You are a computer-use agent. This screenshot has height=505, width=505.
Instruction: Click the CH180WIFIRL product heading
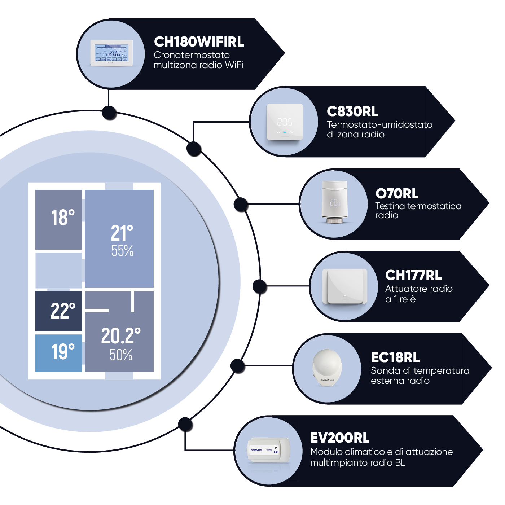[199, 42]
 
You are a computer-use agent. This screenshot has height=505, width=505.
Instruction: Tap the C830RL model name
[352, 111]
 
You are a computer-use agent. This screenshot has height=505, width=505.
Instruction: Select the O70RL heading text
[397, 194]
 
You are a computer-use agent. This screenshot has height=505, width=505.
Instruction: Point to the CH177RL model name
[413, 275]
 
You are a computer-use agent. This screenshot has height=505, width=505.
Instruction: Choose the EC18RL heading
[395, 357]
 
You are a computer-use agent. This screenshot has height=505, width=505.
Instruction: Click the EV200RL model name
[340, 438]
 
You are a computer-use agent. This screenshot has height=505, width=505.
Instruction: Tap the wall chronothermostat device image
[112, 53]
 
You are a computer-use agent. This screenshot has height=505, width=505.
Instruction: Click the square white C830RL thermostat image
[285, 122]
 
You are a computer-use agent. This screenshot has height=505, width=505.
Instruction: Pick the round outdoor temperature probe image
[327, 366]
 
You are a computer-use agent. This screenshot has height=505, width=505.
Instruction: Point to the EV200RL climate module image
[268, 450]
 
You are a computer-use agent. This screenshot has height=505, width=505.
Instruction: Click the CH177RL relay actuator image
[344, 286]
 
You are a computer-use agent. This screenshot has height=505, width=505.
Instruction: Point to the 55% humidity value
[122, 251]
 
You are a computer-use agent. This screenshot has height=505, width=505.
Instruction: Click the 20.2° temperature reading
[120, 336]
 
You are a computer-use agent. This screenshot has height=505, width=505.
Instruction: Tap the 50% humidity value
[121, 355]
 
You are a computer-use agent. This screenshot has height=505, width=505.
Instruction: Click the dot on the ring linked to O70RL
[241, 204]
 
